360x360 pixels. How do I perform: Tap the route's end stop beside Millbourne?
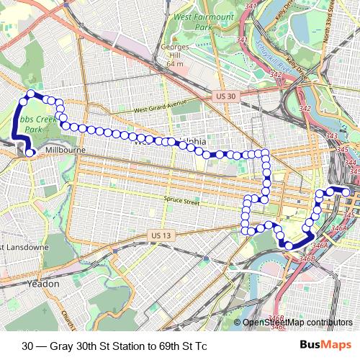[x=30, y=152]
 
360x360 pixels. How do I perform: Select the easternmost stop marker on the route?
[x=346, y=192]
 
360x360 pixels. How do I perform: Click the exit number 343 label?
[x=331, y=136]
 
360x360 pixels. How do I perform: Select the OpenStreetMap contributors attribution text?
[x=298, y=323]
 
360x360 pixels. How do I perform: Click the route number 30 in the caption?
[x=27, y=344]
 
